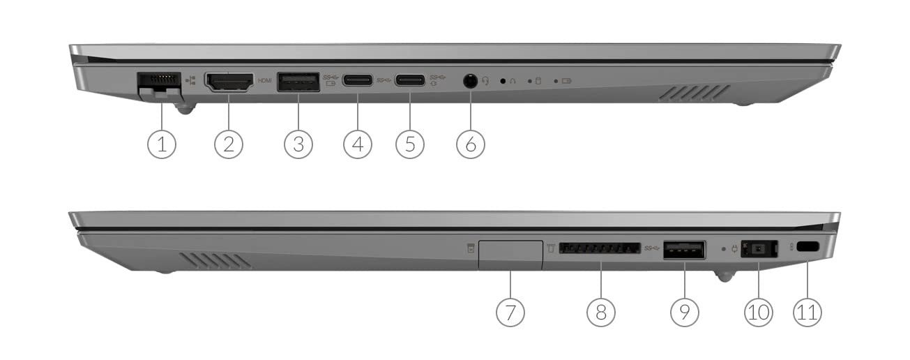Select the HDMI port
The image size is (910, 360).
point(229,82)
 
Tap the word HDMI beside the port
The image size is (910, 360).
point(265,81)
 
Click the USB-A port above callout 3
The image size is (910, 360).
point(298,82)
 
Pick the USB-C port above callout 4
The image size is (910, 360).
point(358,80)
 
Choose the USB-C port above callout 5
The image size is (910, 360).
point(410,80)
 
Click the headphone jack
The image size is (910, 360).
point(471,81)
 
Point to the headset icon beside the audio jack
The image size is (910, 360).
point(485,81)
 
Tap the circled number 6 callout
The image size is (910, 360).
point(471,144)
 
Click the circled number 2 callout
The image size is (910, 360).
point(229,144)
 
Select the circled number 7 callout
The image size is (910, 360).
point(510,312)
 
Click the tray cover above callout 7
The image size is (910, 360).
point(510,255)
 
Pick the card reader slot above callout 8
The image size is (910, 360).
point(600,248)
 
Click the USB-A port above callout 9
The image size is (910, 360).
point(685,250)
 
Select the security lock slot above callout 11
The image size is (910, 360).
point(807,247)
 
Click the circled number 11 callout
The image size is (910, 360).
point(807,312)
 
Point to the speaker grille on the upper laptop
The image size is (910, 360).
point(694,93)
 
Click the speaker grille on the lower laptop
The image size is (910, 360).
point(215,260)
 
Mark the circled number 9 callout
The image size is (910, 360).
point(685,312)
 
